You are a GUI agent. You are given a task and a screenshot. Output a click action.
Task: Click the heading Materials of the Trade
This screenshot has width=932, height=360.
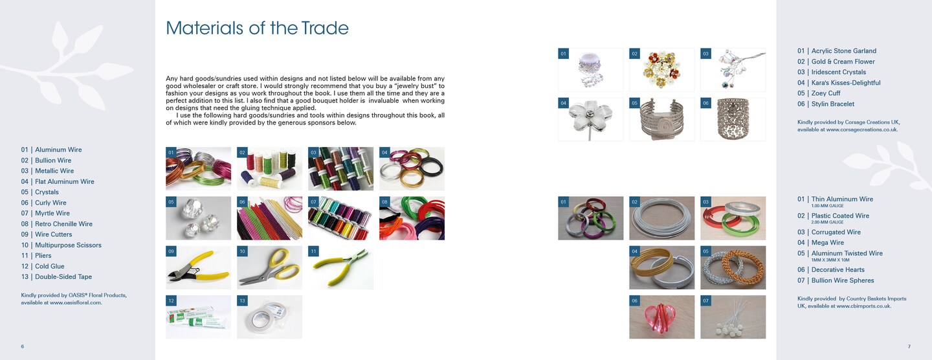point(257,28)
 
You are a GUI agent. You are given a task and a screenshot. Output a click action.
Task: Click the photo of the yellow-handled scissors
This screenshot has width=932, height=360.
point(270,267)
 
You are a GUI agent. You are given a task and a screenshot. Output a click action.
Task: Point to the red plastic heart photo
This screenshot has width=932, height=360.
point(661,317)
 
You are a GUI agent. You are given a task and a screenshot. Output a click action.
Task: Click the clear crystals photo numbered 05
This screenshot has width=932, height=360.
point(198,218)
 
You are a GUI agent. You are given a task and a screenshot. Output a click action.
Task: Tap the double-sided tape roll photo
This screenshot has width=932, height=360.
point(270,317)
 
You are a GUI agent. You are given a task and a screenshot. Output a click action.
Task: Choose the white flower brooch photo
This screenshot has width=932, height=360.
point(590,119)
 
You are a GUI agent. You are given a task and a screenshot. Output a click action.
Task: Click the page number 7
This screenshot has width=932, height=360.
point(909,346)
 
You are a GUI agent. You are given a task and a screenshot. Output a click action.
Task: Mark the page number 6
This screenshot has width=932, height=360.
point(23,346)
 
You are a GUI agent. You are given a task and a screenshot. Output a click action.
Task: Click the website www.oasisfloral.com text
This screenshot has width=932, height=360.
point(76,303)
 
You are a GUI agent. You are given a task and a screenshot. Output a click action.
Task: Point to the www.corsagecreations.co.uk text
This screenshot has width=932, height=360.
point(862,130)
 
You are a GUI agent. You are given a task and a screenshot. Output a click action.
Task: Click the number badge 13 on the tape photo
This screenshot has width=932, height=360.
point(243,300)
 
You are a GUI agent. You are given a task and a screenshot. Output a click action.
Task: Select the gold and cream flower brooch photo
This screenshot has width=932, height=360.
point(661,70)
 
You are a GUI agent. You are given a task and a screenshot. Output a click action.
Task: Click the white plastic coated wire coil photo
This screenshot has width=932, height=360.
point(661,218)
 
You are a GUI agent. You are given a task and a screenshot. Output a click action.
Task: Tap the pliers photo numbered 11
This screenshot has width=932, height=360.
point(340,267)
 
